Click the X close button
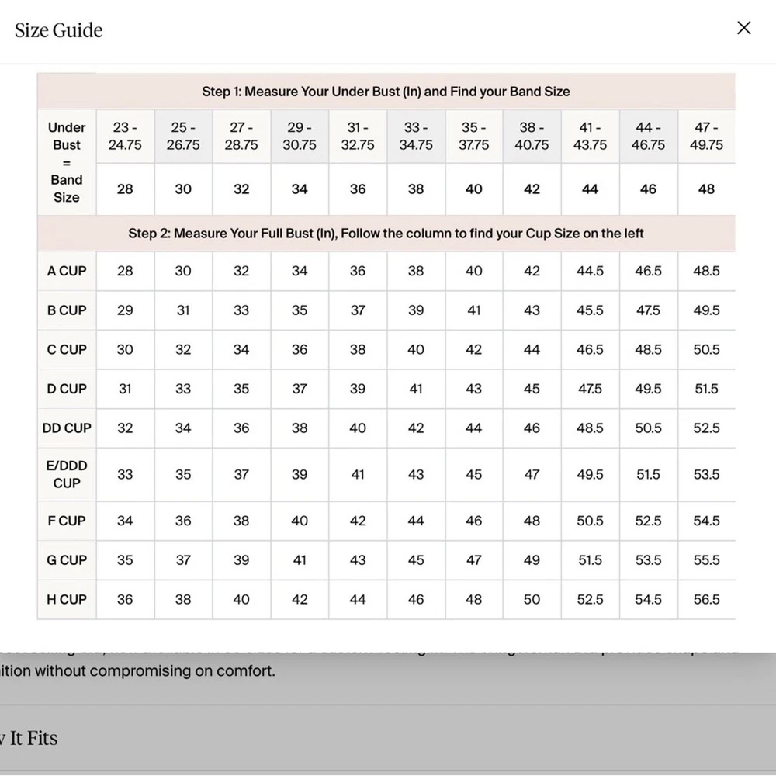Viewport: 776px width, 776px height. click(743, 29)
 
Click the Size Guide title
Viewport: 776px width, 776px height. click(59, 30)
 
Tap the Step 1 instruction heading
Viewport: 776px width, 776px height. click(386, 92)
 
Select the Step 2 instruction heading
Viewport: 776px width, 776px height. click(386, 234)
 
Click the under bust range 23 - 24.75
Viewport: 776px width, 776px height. click(125, 136)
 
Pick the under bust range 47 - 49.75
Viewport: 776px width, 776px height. click(706, 136)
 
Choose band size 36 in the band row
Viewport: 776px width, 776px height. click(358, 189)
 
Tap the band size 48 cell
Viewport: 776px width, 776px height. click(706, 189)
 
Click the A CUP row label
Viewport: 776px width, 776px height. click(67, 271)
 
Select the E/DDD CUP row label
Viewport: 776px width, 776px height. click(67, 474)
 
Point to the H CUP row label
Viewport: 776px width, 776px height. click(67, 599)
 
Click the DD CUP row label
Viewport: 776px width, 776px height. click(67, 428)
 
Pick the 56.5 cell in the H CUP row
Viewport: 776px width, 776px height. click(706, 599)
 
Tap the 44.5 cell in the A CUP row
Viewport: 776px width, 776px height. click(590, 271)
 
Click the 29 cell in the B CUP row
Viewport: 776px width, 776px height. click(125, 310)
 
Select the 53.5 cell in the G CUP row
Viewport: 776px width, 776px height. click(648, 559)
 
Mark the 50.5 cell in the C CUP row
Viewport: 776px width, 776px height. click(706, 349)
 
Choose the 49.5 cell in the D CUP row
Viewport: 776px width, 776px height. click(648, 388)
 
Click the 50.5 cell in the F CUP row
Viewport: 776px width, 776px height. click(590, 521)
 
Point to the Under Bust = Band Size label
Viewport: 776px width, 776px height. click(67, 162)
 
